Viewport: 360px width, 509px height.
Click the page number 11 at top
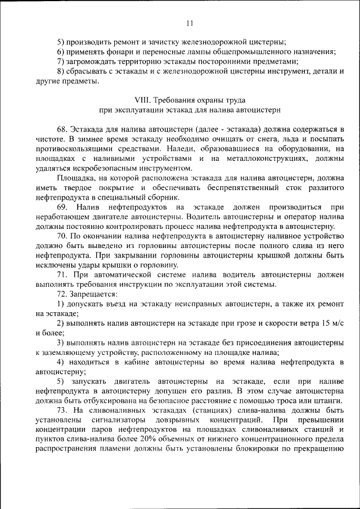188,23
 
